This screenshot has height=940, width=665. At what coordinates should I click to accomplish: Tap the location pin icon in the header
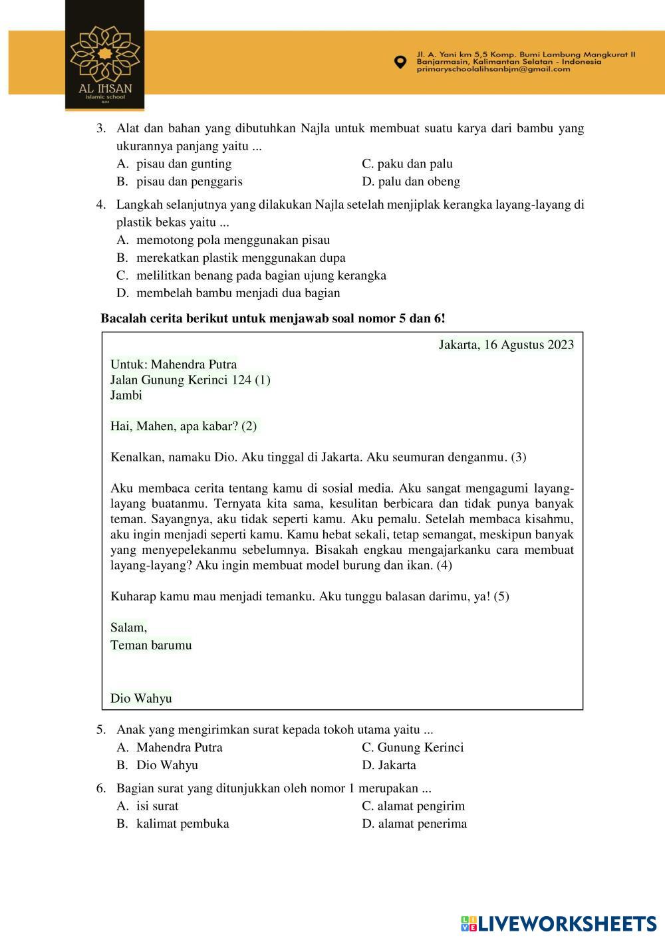click(x=400, y=62)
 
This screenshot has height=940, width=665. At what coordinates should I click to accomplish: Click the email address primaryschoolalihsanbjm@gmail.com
click(x=493, y=69)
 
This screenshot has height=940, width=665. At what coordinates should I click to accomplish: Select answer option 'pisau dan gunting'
click(x=184, y=164)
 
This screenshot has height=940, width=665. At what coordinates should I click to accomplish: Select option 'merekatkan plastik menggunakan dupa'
click(x=241, y=257)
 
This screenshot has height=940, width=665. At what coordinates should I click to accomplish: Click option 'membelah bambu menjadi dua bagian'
click(x=238, y=293)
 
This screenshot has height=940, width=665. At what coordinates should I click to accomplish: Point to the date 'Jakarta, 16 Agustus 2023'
click(x=506, y=344)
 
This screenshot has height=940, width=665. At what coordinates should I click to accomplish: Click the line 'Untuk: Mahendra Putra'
click(x=174, y=364)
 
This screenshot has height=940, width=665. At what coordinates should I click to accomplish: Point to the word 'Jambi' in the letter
click(x=126, y=395)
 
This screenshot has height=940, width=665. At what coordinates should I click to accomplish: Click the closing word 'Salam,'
click(x=129, y=627)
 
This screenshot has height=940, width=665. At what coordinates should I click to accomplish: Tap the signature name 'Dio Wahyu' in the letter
click(x=141, y=698)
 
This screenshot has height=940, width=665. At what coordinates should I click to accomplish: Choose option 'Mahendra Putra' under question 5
click(x=179, y=747)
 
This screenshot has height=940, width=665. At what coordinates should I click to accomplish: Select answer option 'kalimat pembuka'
click(x=182, y=824)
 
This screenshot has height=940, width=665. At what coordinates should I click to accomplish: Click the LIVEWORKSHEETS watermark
click(x=559, y=923)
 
